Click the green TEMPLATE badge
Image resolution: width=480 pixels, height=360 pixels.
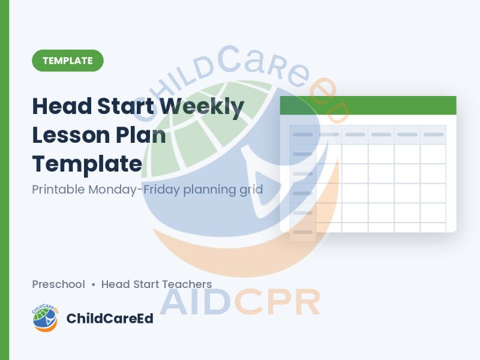click(x=68, y=61)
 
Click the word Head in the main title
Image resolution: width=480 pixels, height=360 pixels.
click(x=62, y=106)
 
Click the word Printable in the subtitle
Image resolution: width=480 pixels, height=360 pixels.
click(x=58, y=189)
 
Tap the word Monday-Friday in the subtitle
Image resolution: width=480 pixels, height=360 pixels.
click(x=134, y=190)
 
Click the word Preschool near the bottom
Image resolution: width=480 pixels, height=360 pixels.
click(x=58, y=284)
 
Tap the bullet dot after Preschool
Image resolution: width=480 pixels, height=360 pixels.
click(x=94, y=284)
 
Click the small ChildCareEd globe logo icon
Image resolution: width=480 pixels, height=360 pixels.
click(x=46, y=318)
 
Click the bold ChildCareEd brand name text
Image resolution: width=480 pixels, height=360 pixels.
click(x=110, y=319)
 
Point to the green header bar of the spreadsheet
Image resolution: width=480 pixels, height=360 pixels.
click(x=368, y=106)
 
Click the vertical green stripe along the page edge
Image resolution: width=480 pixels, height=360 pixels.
click(x=5, y=180)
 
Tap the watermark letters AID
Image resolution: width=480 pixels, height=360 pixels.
click(x=196, y=302)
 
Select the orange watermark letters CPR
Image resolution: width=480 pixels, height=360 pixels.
click(x=277, y=302)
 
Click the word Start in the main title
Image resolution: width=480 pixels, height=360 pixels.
click(x=126, y=106)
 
